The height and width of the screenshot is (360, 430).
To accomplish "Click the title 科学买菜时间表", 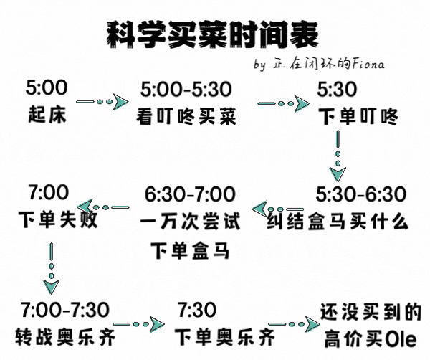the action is (213, 35).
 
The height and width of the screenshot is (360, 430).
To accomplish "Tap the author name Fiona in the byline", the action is (368, 64).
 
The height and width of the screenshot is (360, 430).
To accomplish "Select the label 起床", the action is (47, 114).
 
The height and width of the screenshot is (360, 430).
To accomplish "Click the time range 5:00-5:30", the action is (186, 89).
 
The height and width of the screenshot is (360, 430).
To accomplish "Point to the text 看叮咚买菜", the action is (186, 117).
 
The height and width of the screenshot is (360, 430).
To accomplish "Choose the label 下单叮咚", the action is (358, 117).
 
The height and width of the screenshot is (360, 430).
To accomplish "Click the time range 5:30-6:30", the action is (361, 194).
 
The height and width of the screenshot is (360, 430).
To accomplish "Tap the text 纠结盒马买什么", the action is (338, 221).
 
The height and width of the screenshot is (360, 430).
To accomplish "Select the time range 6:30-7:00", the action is (190, 194).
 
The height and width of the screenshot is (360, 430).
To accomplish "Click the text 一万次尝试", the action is (191, 221).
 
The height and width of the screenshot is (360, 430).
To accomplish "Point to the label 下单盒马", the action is (190, 250).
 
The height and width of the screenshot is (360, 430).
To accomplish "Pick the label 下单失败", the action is (58, 219).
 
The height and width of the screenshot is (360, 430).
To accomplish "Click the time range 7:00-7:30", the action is (65, 310).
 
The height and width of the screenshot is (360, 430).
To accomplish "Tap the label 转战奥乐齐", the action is (65, 337).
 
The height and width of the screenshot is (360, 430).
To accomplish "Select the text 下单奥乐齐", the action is (225, 337).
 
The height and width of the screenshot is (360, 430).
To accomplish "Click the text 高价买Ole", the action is (371, 339).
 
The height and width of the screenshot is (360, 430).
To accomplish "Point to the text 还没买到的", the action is (371, 312).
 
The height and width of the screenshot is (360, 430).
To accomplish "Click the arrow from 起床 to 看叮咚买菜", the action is (102, 102).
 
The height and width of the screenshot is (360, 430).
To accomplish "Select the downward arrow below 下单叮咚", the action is (338, 156).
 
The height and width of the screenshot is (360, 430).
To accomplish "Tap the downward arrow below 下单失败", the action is (52, 268).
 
